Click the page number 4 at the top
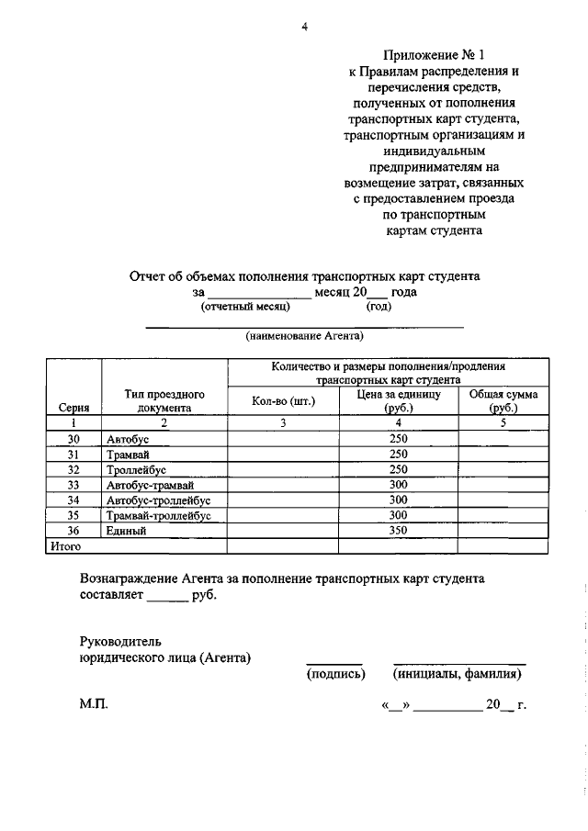[x=304, y=26]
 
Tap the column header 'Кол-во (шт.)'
[x=283, y=400]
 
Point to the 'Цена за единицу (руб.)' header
[x=398, y=400]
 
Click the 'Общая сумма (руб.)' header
[x=503, y=400]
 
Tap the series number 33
[x=73, y=485]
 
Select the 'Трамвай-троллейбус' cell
[x=158, y=516]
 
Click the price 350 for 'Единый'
[x=398, y=531]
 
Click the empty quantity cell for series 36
[x=283, y=531]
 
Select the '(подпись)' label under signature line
[x=334, y=675]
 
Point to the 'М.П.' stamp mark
[x=94, y=705]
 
